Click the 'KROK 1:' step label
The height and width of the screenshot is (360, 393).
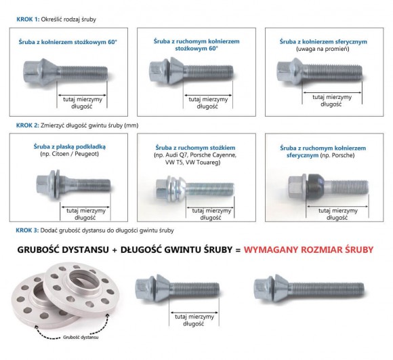click(x=28, y=19)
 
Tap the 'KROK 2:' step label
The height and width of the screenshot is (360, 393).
click(x=28, y=125)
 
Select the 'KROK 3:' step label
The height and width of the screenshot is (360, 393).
click(x=27, y=230)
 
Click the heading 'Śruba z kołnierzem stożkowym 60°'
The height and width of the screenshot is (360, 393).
click(x=68, y=42)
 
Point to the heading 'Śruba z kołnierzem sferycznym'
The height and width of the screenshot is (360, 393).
click(x=323, y=41)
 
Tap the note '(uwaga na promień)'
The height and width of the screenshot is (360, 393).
click(x=323, y=49)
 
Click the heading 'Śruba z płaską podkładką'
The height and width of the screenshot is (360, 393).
click(x=70, y=146)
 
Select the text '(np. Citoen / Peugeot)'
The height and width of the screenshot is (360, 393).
click(x=69, y=154)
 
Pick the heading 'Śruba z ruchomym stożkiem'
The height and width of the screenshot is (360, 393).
click(x=195, y=148)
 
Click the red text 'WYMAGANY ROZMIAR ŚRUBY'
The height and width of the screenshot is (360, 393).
click(x=308, y=249)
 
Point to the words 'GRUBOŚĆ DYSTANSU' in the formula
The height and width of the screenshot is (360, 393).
click(x=63, y=249)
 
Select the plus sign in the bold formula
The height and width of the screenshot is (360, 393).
click(x=115, y=250)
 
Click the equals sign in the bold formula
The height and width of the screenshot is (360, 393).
click(x=238, y=250)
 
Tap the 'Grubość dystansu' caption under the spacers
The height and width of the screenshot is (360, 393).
click(x=81, y=337)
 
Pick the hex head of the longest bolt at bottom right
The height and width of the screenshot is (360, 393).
click(x=263, y=288)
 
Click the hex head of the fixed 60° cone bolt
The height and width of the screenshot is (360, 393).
click(x=31, y=71)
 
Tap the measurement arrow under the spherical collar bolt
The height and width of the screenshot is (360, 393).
click(x=332, y=92)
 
